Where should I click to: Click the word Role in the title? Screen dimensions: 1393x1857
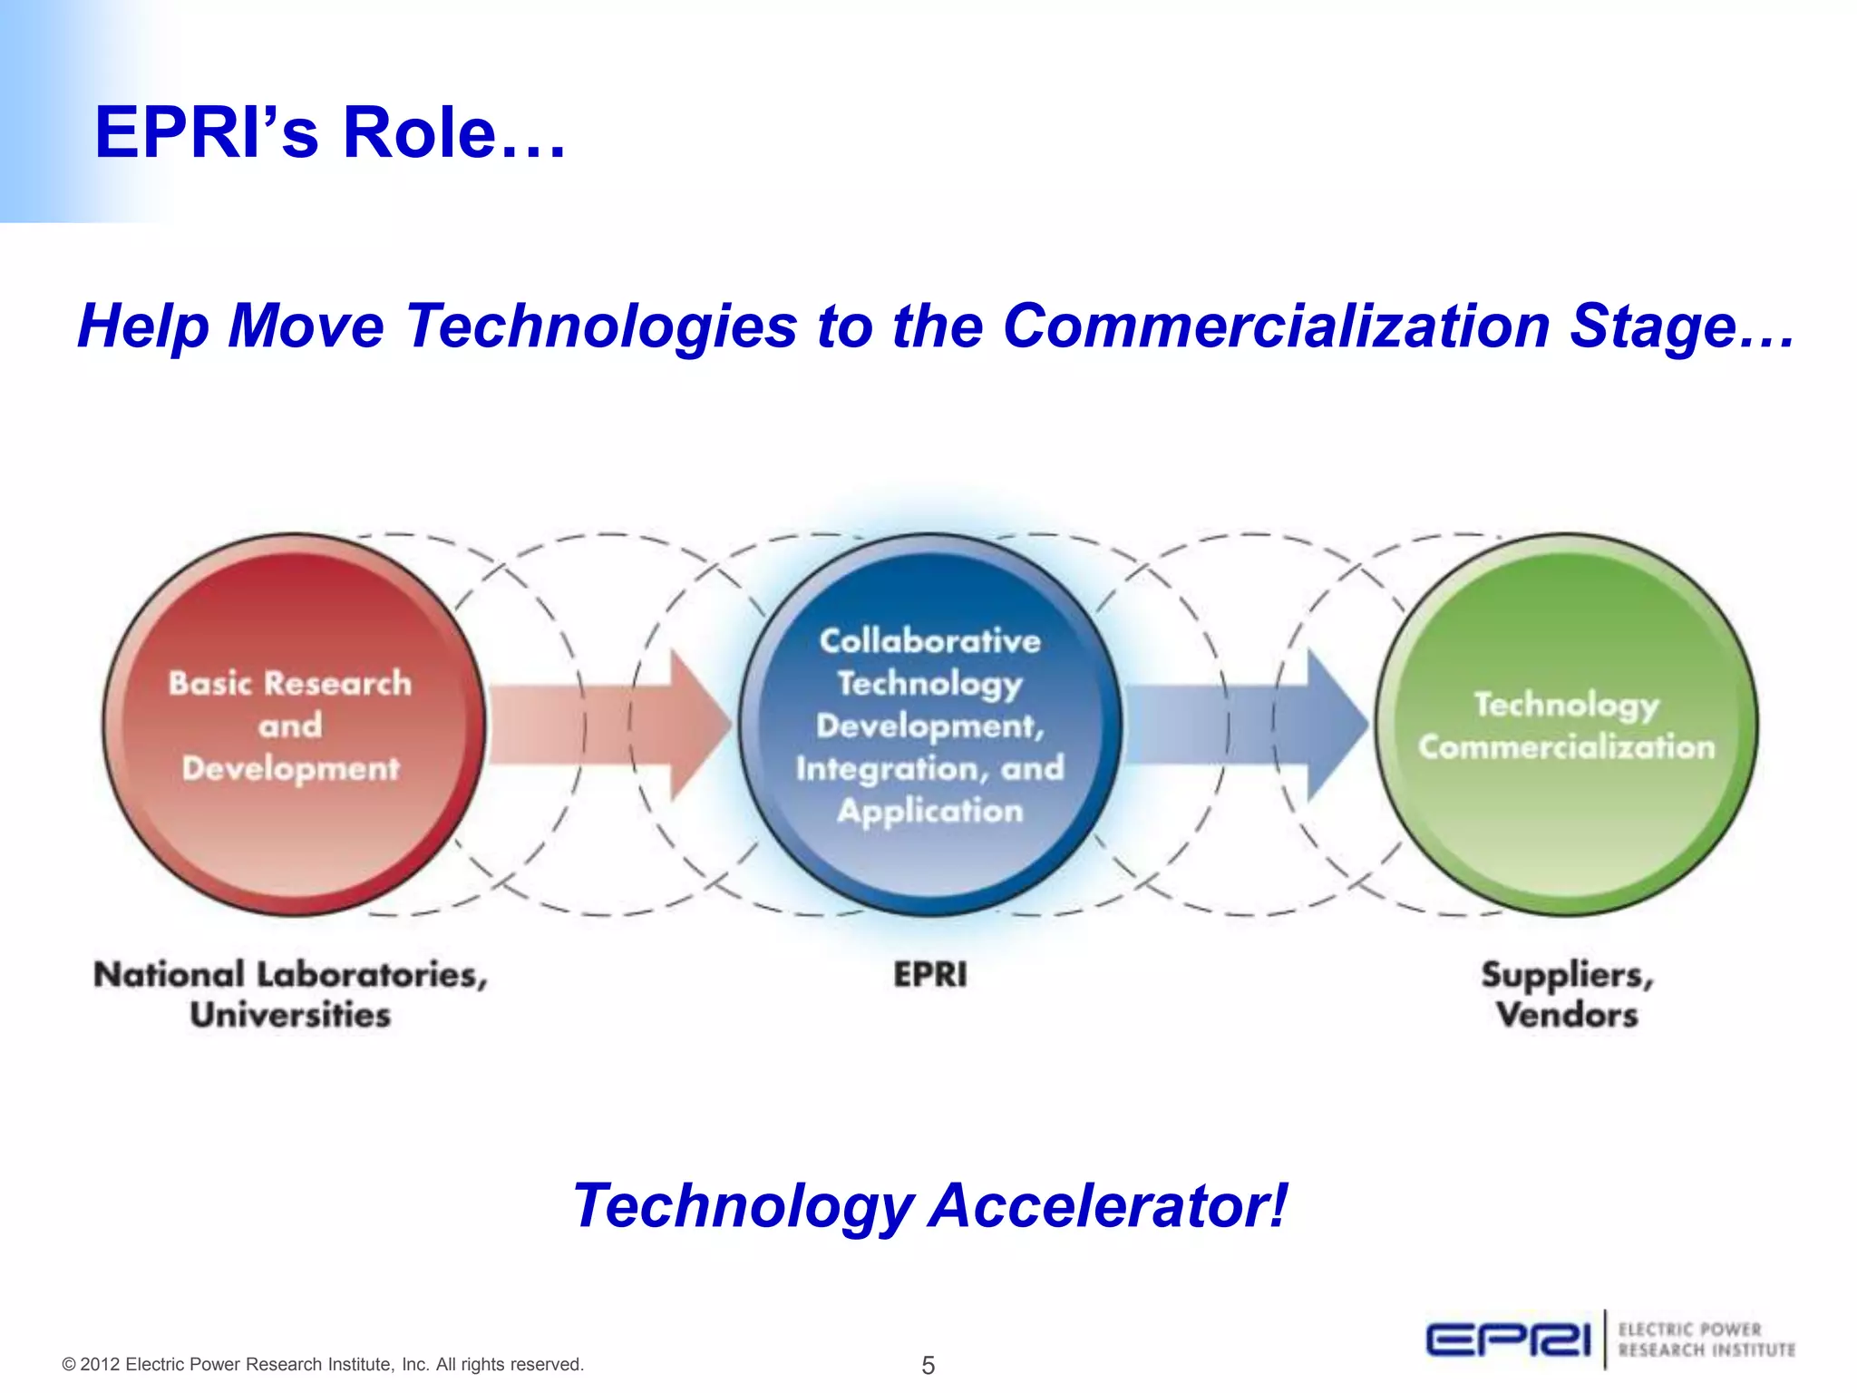[x=419, y=134]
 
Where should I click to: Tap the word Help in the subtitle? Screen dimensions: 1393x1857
[x=142, y=326]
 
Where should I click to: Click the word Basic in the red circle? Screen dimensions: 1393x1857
[x=210, y=683]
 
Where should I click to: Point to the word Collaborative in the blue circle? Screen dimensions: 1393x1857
[x=929, y=641]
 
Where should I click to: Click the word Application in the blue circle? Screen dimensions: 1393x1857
[x=929, y=811]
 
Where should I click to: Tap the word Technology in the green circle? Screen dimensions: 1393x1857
[x=1566, y=705]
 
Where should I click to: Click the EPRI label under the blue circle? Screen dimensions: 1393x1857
[x=929, y=975]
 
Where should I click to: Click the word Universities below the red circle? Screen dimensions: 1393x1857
[x=290, y=1015]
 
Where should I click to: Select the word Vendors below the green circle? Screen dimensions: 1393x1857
[x=1567, y=1015]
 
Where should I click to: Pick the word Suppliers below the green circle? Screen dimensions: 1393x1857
[x=1567, y=975]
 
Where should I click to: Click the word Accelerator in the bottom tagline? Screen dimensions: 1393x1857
[x=1108, y=1206]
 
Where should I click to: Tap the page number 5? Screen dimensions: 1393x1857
[x=928, y=1365]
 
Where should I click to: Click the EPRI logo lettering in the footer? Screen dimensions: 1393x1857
[x=1508, y=1339]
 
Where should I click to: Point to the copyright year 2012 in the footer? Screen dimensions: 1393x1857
[x=101, y=1365]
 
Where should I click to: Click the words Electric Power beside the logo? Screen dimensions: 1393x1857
[x=1689, y=1330]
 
